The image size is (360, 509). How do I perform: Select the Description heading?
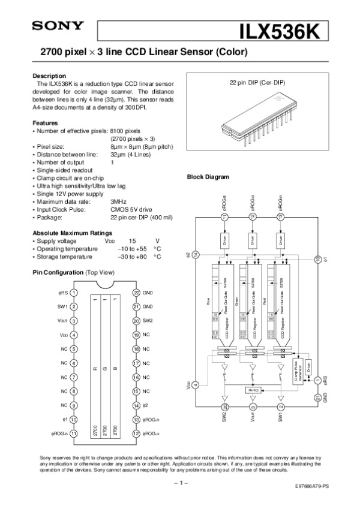pos(49,76)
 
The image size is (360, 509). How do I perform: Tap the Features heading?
pos(45,122)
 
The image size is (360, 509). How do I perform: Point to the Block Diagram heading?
pos(208,177)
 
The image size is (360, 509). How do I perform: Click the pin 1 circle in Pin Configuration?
pos(73,293)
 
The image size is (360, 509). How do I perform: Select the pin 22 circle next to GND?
pos(136,293)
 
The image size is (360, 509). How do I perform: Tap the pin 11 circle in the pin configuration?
pos(73,433)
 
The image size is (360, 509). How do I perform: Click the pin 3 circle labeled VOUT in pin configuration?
pos(73,321)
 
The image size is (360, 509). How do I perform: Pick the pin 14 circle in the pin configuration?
pos(136,405)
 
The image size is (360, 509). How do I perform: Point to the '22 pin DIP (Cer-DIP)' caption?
pos(257,82)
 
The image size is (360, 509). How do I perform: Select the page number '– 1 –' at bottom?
pos(181,481)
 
